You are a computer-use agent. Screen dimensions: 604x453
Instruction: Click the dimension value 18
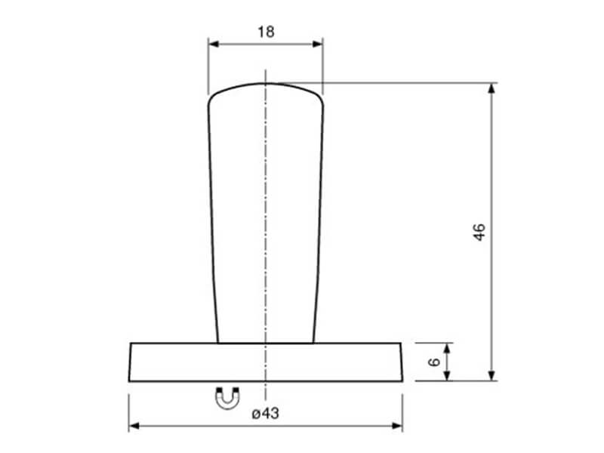click(266, 32)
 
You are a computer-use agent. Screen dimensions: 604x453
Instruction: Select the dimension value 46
click(479, 232)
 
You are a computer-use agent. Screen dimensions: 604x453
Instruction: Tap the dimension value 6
click(434, 362)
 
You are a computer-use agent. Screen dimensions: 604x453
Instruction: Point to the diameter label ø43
click(266, 413)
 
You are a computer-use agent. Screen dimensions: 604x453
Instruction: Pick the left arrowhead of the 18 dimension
click(214, 44)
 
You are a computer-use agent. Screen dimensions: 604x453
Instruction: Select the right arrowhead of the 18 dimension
click(318, 44)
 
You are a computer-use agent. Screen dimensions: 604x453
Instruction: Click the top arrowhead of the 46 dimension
click(492, 88)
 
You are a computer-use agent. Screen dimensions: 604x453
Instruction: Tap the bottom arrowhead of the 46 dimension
click(492, 375)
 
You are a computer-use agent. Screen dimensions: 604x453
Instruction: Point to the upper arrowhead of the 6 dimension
click(447, 348)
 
